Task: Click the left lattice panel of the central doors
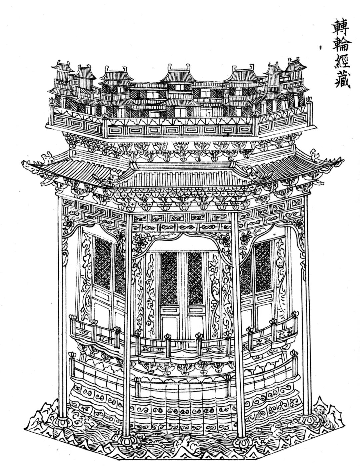coord(169,278)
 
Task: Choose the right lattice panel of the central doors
coord(195,278)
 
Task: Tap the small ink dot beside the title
coord(320,47)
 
